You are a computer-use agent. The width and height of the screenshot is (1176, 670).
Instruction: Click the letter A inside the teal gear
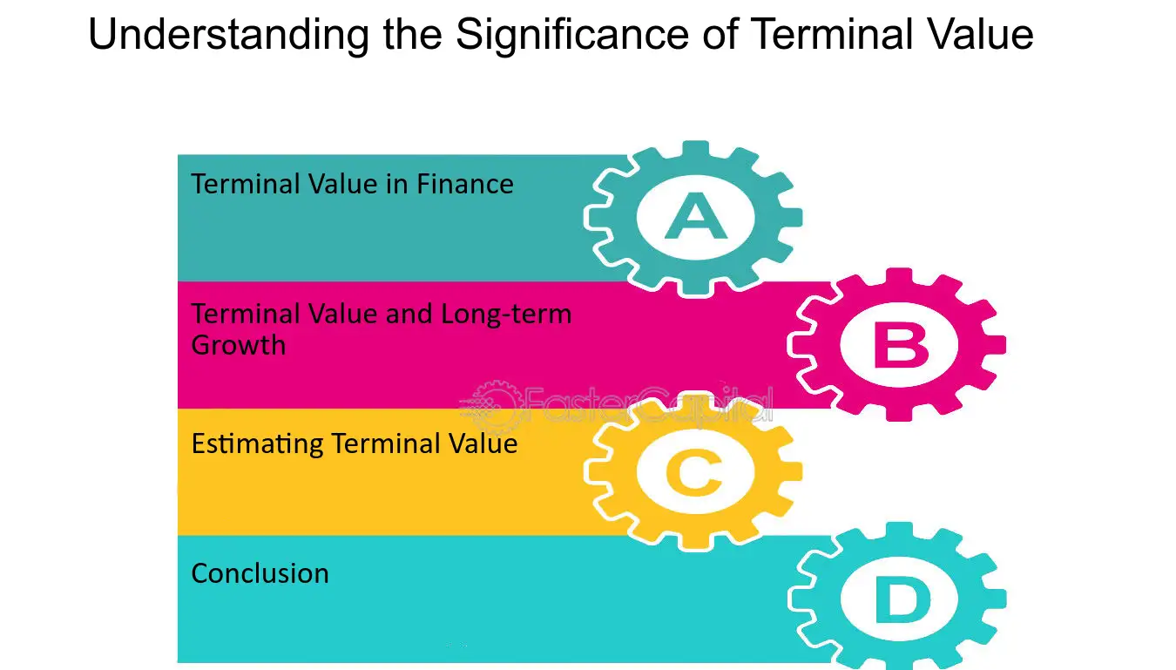point(696,215)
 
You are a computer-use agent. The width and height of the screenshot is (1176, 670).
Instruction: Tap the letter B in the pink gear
point(901,344)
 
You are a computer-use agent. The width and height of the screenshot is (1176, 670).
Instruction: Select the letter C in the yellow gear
point(694,472)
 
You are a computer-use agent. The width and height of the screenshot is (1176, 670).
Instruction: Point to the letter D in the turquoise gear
point(902,599)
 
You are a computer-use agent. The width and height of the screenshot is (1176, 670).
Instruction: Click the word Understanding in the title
point(228,35)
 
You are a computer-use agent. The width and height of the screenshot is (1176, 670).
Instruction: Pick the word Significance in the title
point(572,35)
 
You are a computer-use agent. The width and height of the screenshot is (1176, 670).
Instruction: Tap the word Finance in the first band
point(465,184)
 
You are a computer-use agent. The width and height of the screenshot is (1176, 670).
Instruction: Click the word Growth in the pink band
point(239,345)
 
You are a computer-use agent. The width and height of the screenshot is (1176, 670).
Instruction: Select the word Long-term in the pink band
point(506,314)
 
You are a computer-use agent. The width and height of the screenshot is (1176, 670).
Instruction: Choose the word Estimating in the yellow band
point(257,444)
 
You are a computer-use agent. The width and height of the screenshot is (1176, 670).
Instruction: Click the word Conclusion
point(260,573)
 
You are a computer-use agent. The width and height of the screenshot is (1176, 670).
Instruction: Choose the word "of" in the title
point(720,35)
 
